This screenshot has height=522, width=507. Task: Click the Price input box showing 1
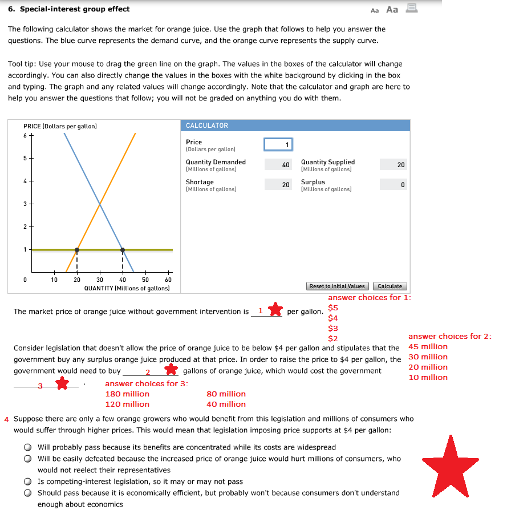[x=278, y=144]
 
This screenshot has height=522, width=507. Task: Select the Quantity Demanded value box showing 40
[x=278, y=164]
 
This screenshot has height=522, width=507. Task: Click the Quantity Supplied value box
[x=394, y=164]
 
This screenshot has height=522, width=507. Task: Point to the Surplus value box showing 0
[x=394, y=185]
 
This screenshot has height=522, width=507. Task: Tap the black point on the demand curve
[x=123, y=250]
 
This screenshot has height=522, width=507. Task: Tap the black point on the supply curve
[x=77, y=250]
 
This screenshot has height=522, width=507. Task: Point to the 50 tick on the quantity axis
[x=145, y=280]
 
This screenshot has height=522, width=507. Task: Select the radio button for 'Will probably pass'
[x=27, y=447]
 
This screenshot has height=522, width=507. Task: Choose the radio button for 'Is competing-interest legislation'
[x=27, y=481]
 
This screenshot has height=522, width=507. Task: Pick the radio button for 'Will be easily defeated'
[x=27, y=459]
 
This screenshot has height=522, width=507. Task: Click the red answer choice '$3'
[x=333, y=328]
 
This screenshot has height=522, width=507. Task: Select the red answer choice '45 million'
[x=428, y=346]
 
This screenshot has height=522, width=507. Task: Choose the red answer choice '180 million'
[x=127, y=394]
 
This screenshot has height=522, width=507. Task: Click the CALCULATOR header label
[x=207, y=126]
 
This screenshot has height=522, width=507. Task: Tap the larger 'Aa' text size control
[x=392, y=9]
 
